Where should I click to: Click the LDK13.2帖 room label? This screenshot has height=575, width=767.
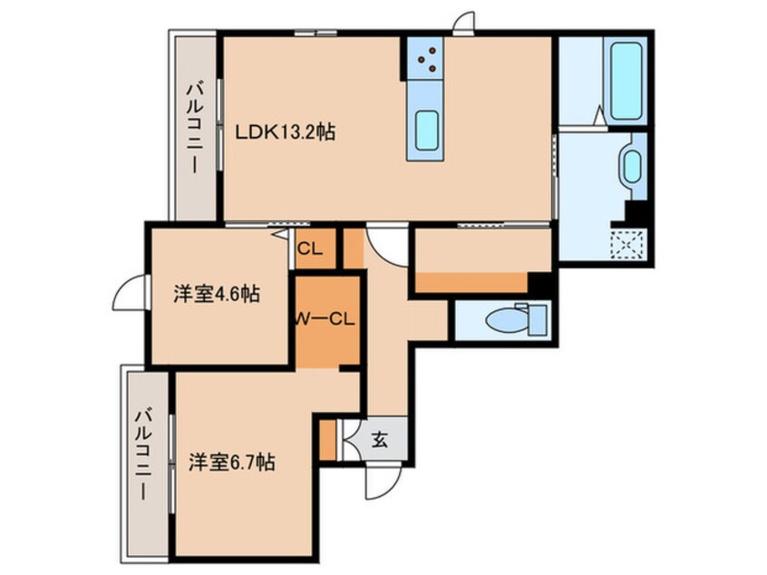coord(286,132)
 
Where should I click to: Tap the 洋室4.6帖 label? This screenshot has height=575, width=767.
coord(216,295)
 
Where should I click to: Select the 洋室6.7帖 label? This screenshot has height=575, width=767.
coord(232,462)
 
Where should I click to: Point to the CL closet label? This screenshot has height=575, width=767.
coord(310,249)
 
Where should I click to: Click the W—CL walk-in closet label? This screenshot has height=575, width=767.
coord(325,319)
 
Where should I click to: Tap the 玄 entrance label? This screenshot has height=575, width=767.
coord(380,440)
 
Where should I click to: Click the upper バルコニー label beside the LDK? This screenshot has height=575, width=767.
coord(196,128)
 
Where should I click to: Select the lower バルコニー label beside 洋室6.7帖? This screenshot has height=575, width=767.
coord(144,455)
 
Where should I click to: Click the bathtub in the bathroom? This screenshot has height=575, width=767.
coord(626,81)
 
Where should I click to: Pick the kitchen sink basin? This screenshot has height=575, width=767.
coord(426,131)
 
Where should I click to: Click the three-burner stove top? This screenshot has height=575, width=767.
coord(425,58)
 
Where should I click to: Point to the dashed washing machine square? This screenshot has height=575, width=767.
coord(628,243)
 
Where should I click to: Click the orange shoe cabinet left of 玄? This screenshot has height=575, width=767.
coord(327,440)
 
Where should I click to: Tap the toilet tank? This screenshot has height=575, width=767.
coord(538,319)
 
